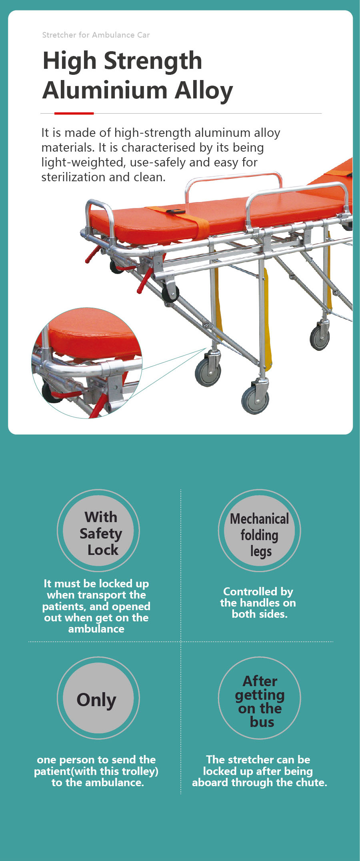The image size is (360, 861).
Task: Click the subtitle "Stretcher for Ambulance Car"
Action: pyautogui.click(x=96, y=35)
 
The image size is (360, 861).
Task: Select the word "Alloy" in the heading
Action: pyautogui.click(x=204, y=91)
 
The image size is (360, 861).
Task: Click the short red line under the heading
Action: pyautogui.click(x=74, y=113)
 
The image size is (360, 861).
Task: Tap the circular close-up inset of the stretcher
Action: pyautogui.click(x=87, y=363)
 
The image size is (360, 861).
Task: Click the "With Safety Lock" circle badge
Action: pyautogui.click(x=98, y=531)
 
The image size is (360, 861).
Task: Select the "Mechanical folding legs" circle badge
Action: pyautogui.click(x=259, y=531)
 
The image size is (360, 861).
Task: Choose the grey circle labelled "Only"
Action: pyautogui.click(x=98, y=698)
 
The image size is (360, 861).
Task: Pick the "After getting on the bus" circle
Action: pyautogui.click(x=259, y=698)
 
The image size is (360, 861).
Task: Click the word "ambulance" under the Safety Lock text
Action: pyautogui.click(x=96, y=629)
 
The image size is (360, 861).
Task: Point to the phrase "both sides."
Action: pyautogui.click(x=260, y=614)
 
